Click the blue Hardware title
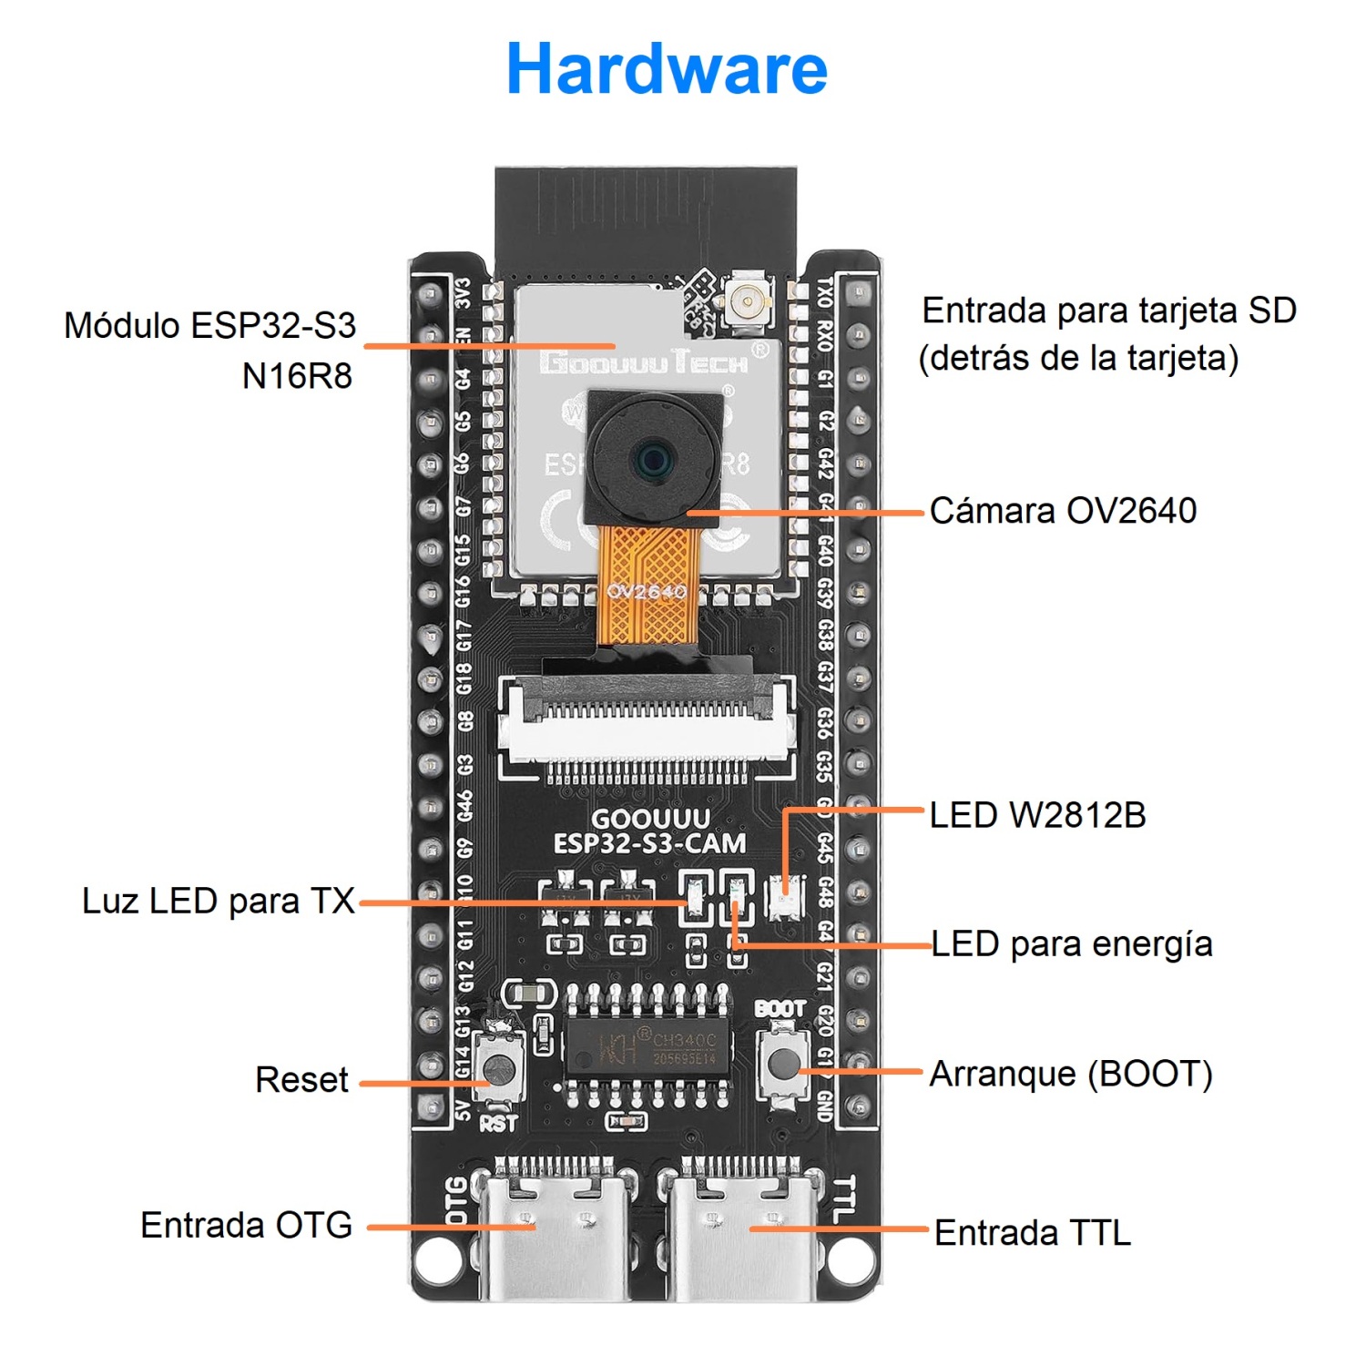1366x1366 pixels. pos(667,69)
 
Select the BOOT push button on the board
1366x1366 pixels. pos(784,1061)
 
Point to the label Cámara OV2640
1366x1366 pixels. pos(1063,511)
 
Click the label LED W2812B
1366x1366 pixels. pos(1037,815)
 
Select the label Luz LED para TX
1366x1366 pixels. pos(219,901)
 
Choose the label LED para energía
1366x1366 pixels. pos(1072,944)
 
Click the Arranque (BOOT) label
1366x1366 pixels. pos(1071,1075)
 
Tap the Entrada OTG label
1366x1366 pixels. pos(246,1226)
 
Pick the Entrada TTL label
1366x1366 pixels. pos(1033,1233)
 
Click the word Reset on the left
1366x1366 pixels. pos(301,1080)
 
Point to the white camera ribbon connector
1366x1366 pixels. pos(647,724)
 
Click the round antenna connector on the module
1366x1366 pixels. pos(748,298)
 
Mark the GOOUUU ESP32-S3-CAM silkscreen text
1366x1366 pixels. pos(649,831)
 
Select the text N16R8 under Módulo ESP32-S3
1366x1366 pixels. pos(297,375)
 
